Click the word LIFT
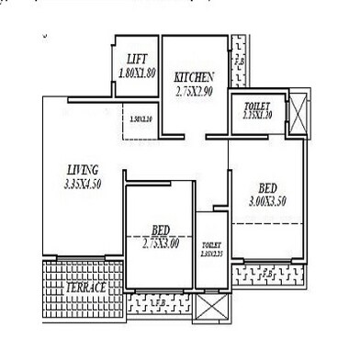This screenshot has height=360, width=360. click(x=137, y=57)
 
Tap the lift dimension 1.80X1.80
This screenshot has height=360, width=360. click(x=136, y=71)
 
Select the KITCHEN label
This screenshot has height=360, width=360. click(x=195, y=77)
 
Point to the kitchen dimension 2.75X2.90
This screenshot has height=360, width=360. click(x=195, y=91)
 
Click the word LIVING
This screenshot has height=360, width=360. click(x=83, y=170)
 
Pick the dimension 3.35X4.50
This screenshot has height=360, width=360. click(x=83, y=184)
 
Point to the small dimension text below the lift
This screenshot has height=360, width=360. click(x=140, y=118)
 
